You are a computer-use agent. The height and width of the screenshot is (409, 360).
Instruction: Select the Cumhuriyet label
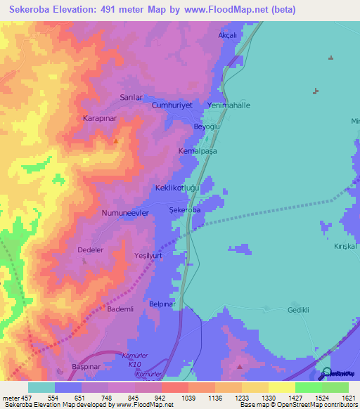[x=172, y=105]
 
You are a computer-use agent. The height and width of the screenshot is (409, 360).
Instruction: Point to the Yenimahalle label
[x=229, y=105]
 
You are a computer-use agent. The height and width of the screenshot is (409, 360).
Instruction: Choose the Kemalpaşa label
[x=195, y=151]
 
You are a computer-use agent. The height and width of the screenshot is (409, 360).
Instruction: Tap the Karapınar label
[x=98, y=118]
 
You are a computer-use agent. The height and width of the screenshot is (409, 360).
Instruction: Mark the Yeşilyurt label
[x=148, y=257]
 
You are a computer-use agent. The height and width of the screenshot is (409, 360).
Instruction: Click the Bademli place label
[x=121, y=309]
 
